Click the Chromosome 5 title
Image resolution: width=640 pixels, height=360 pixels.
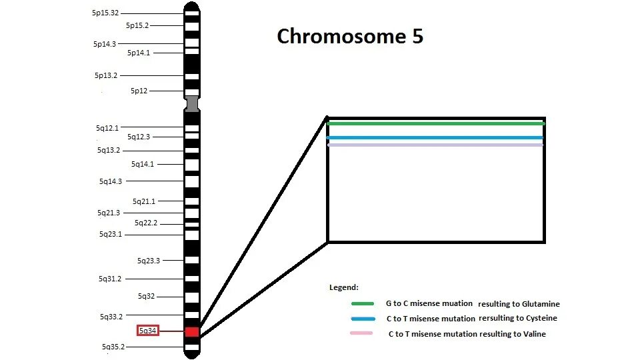350,36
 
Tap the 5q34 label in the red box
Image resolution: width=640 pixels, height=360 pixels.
148,330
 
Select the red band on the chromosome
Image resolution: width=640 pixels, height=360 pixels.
192,331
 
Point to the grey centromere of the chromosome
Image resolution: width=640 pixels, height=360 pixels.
192,104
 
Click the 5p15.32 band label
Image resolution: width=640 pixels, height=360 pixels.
106,13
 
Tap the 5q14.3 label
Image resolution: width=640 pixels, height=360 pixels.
111,181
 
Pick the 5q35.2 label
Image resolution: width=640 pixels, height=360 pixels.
113,347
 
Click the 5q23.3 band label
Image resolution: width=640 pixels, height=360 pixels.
149,261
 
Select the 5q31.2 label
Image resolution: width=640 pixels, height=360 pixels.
111,279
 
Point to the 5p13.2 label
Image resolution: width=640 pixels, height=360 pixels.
105,75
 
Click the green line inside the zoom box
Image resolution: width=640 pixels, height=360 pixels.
436,123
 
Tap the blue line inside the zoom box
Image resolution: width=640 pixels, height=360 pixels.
436,138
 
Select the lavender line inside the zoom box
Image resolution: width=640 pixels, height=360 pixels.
436,145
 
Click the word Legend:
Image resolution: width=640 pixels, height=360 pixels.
344,287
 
